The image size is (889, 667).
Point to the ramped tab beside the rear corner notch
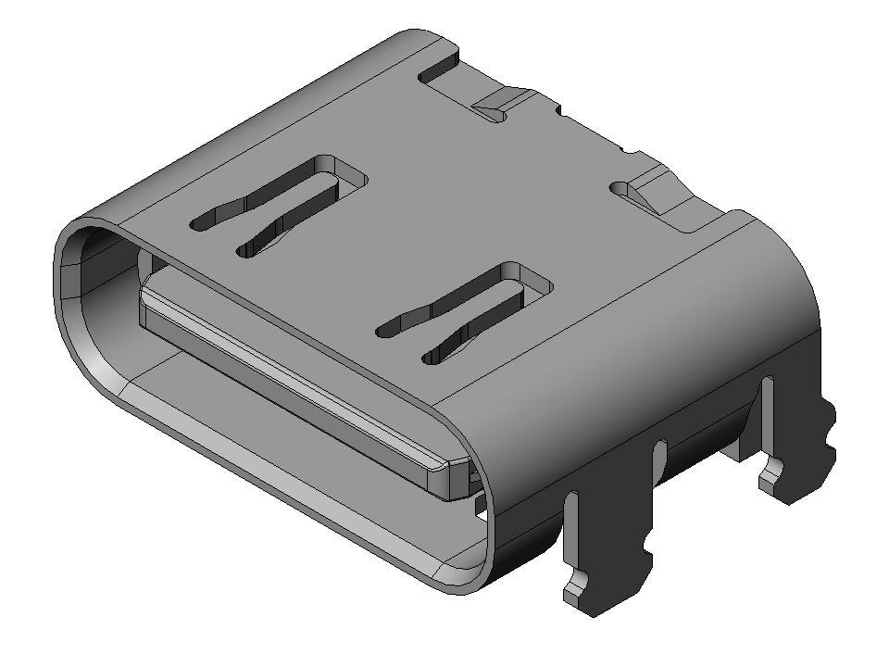pyautogui.click(x=501, y=103)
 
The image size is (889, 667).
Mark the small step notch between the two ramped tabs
pyautogui.click(x=559, y=110)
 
